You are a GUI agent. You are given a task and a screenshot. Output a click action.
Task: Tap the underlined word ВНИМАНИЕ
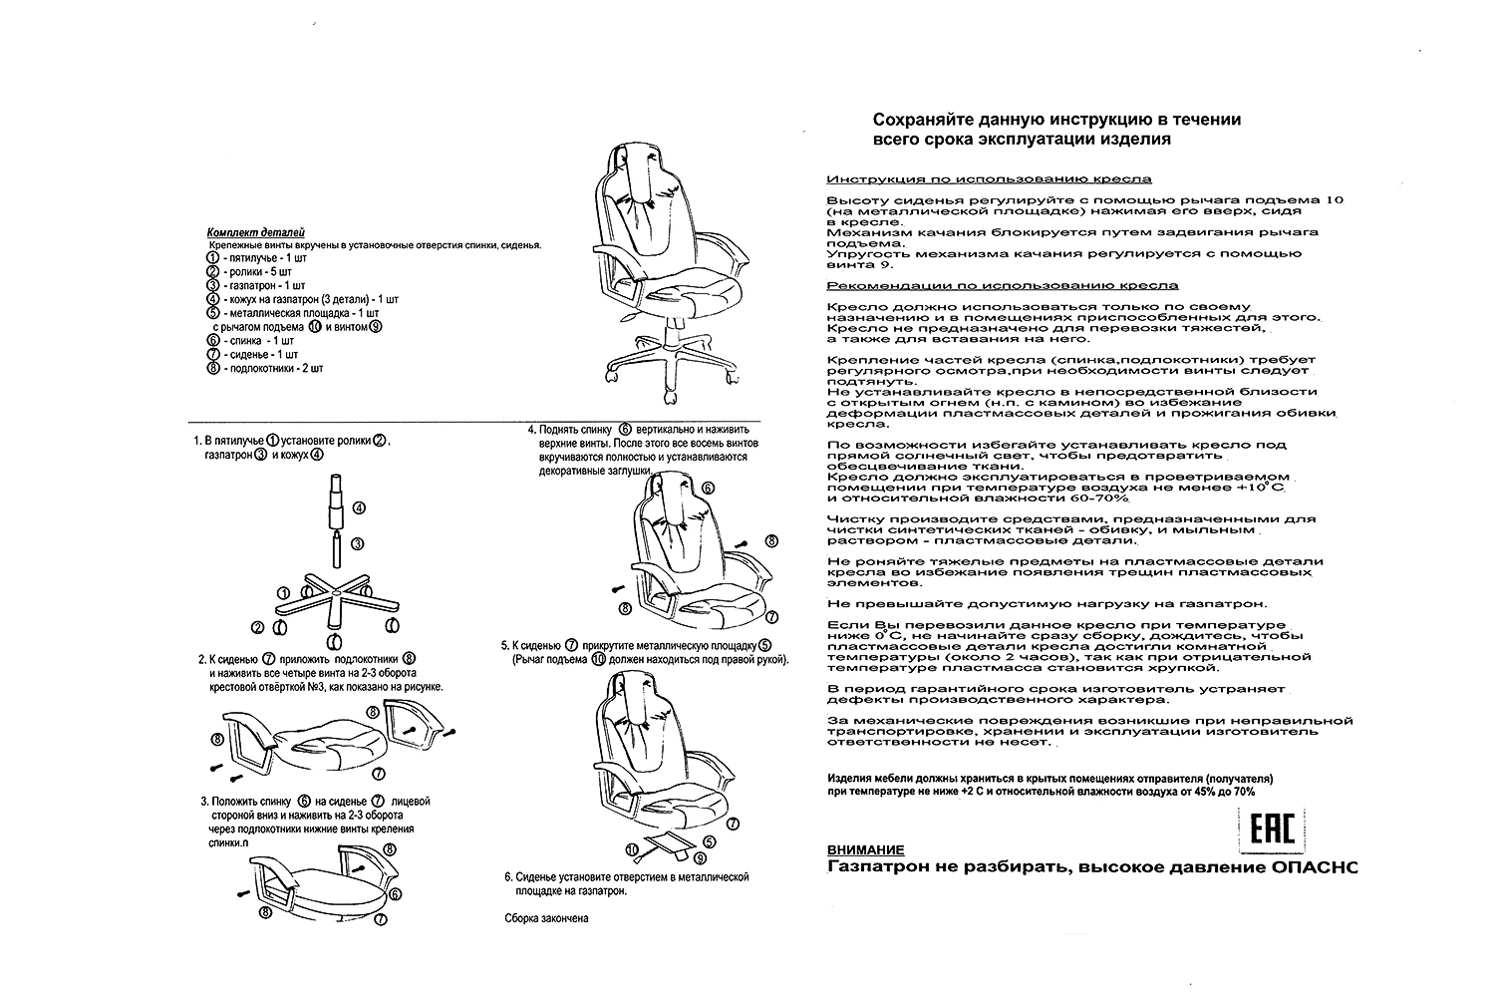click(x=866, y=850)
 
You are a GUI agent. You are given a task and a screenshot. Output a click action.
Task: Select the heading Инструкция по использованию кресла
click(x=989, y=179)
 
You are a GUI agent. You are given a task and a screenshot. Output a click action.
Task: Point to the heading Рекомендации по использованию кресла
click(x=1002, y=285)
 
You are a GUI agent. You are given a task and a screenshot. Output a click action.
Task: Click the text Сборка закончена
click(x=547, y=918)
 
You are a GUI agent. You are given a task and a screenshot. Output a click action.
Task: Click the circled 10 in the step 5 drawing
click(x=631, y=848)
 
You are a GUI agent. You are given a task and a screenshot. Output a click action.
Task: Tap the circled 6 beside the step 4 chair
click(x=709, y=488)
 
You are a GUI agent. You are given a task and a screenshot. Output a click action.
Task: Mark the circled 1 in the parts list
click(x=212, y=257)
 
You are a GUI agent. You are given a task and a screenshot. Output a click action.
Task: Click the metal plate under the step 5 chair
click(x=665, y=844)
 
